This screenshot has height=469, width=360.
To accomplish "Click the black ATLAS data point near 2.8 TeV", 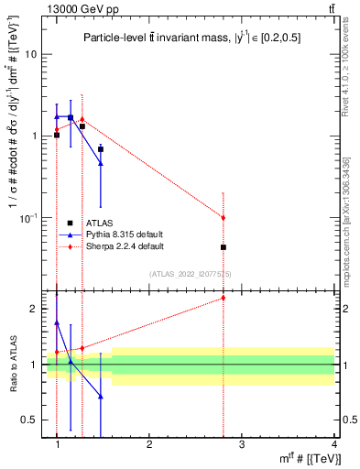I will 224,247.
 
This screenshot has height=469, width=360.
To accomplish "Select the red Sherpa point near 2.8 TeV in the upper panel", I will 224,217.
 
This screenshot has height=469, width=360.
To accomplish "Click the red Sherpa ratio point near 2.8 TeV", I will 224,298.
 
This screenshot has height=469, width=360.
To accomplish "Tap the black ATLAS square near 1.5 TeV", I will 101,148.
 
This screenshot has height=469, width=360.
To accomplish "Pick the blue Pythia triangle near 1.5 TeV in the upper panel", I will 101,164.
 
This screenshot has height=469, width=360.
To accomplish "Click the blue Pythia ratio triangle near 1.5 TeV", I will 101,397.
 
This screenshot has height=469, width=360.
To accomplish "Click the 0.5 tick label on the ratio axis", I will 29,420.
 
